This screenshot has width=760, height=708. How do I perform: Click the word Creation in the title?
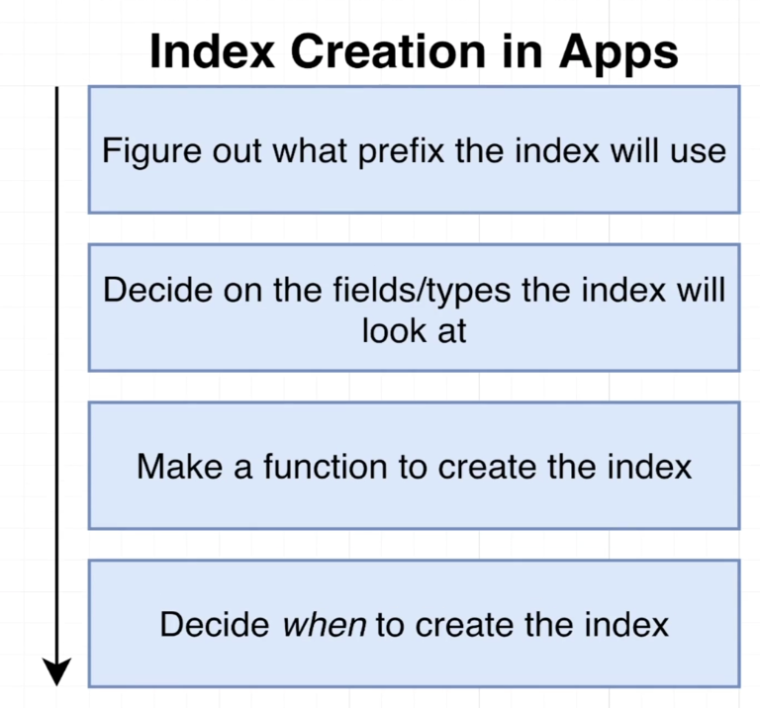(x=388, y=51)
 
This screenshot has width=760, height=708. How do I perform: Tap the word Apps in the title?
(x=618, y=54)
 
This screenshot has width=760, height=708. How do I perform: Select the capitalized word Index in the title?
(x=213, y=51)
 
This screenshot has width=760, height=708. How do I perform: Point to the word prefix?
(x=401, y=152)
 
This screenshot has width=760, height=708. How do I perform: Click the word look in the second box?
(x=393, y=331)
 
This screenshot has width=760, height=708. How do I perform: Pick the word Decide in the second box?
(x=157, y=291)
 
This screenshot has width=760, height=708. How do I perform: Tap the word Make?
(x=179, y=468)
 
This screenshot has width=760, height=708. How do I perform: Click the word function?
(x=326, y=468)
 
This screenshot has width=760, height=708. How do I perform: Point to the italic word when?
(x=325, y=625)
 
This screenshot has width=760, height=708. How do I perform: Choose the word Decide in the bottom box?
(x=215, y=625)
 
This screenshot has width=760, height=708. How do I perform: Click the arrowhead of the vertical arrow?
(x=56, y=671)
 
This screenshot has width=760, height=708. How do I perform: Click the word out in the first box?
(x=237, y=152)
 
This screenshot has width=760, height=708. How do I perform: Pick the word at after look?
(x=451, y=332)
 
